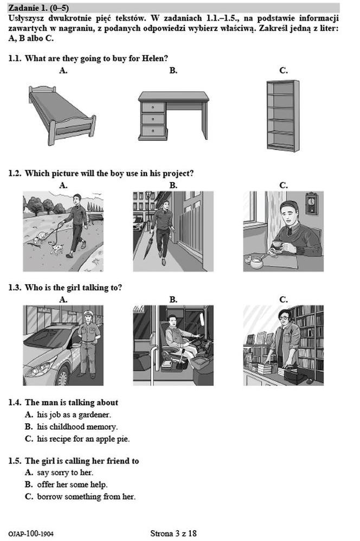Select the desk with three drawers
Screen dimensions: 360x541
[173, 116]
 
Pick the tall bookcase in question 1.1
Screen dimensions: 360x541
[283, 116]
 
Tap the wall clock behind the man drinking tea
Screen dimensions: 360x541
[312, 203]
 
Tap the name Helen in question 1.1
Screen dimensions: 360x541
[153, 59]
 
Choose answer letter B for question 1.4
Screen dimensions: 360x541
[29, 427]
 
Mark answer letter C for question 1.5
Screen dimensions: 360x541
[29, 497]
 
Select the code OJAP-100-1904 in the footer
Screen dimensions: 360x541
[31, 534]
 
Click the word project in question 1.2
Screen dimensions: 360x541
[176, 174]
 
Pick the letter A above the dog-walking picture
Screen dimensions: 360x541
[63, 185]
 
